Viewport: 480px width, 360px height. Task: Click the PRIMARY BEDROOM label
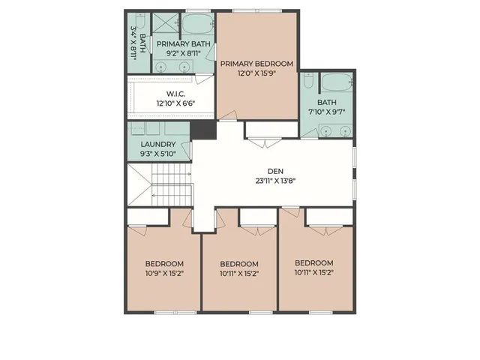[256, 64]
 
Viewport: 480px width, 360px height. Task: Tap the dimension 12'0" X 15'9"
[256, 74]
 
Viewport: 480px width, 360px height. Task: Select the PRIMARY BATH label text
[184, 44]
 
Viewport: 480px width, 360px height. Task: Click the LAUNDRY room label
[157, 144]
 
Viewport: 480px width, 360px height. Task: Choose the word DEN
[272, 170]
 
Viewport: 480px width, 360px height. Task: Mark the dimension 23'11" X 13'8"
[272, 180]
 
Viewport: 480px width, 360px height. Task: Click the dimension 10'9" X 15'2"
[164, 273]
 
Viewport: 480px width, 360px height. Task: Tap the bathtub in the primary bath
[198, 22]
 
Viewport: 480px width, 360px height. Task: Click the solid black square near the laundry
[202, 130]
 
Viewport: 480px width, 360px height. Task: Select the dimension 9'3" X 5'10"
[157, 154]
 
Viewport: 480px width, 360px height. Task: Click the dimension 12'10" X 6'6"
[175, 103]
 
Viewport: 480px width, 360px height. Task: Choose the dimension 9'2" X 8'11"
[184, 54]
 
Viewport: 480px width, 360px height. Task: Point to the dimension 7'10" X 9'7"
[327, 112]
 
